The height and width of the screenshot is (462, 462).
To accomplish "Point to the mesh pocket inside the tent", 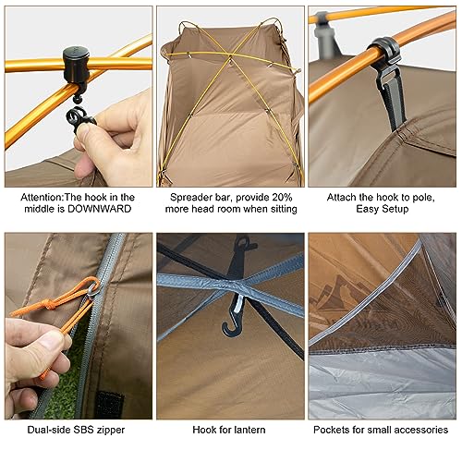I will [370, 296].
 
